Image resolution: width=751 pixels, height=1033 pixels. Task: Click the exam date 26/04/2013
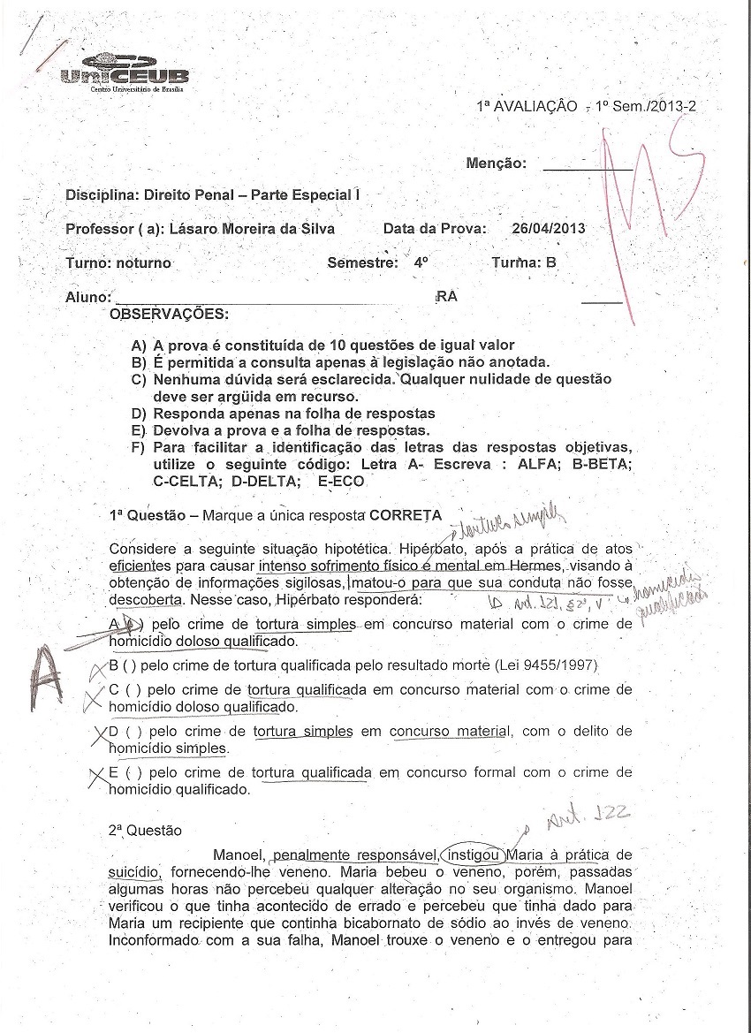click(x=548, y=229)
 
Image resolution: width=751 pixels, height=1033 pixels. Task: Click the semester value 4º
click(x=421, y=263)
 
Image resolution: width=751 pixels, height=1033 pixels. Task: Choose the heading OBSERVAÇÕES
click(x=168, y=314)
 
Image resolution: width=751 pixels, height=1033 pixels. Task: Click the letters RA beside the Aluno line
click(x=447, y=298)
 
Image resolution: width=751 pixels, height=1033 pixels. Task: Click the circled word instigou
click(x=474, y=855)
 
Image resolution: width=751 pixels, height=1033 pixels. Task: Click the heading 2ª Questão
click(x=145, y=831)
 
